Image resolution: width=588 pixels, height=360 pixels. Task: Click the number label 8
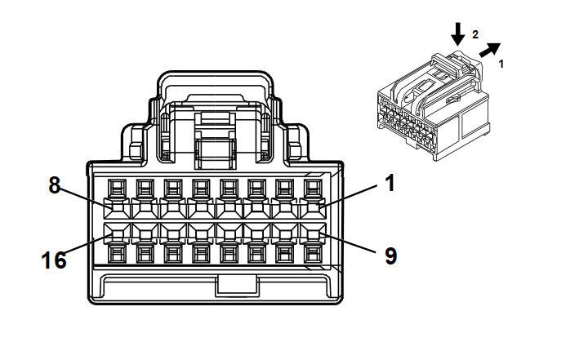click(55, 184)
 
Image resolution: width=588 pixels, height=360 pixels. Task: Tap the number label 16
click(53, 260)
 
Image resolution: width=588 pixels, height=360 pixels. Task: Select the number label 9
click(390, 256)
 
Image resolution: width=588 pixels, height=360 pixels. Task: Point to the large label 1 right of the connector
click(390, 183)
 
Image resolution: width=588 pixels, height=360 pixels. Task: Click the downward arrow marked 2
click(458, 33)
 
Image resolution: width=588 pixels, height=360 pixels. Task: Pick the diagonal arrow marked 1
click(489, 51)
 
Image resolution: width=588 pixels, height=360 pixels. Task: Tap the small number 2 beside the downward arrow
click(474, 34)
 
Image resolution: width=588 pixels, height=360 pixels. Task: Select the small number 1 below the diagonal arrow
click(501, 62)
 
